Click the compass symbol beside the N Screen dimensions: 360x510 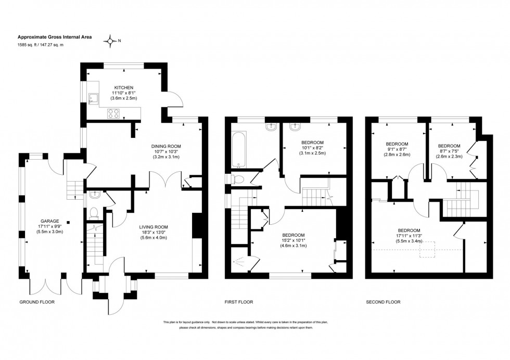[x=110, y=41]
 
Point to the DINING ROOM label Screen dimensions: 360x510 [x=165, y=146]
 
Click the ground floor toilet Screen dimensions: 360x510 [x=94, y=212]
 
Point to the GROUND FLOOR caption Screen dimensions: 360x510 [x=37, y=302]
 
